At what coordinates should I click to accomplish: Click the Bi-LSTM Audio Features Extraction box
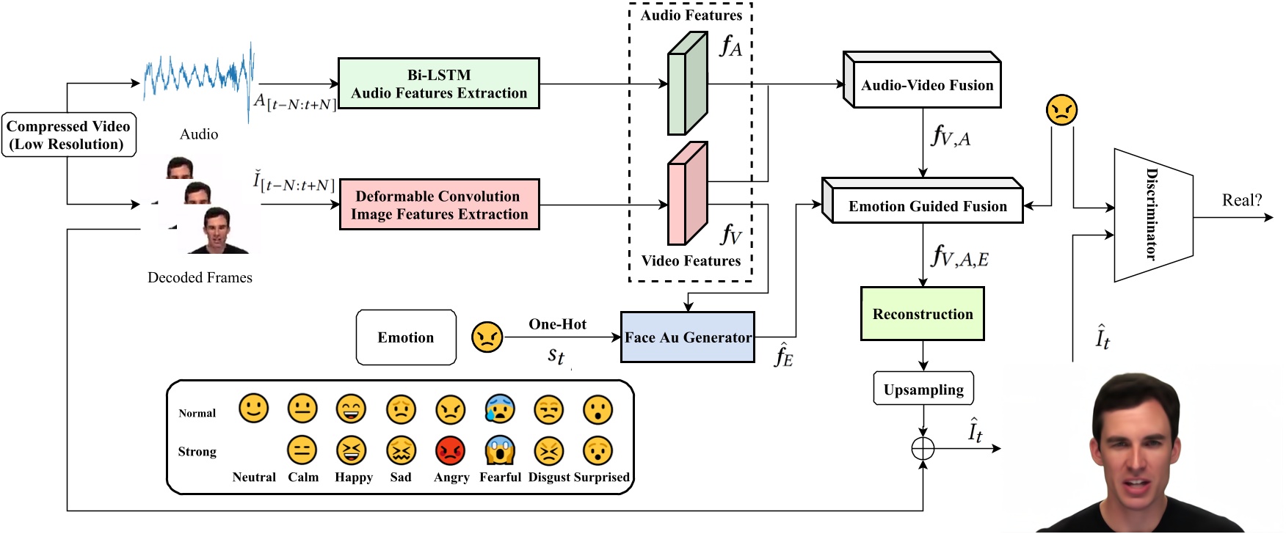[438, 84]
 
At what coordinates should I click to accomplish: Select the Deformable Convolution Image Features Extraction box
[439, 205]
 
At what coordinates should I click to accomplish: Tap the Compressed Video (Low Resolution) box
[68, 135]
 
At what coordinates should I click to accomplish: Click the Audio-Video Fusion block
[926, 85]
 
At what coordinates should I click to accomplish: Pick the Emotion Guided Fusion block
[927, 206]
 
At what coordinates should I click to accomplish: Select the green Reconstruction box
[922, 314]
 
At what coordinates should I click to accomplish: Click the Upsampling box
[923, 389]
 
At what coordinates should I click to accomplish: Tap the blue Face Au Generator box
[687, 337]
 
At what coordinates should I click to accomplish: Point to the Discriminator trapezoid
[1152, 215]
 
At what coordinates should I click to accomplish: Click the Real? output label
[1241, 200]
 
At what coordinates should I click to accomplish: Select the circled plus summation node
[923, 448]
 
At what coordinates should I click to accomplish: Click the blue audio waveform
[198, 76]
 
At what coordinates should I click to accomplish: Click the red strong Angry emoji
[450, 450]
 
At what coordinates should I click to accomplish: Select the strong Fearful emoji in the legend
[499, 450]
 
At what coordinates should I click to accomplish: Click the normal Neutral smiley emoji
[253, 409]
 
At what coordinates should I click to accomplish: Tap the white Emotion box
[406, 337]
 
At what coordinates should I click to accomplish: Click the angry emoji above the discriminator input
[1061, 110]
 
